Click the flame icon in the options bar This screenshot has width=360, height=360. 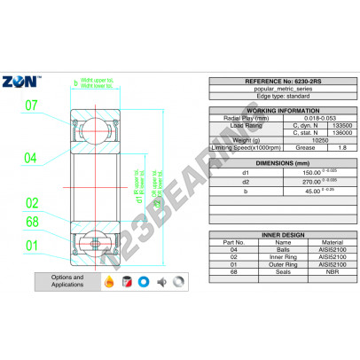click(x=109, y=282)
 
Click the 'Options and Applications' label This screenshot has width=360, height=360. click(x=67, y=282)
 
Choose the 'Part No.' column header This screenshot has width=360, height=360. click(x=234, y=240)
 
